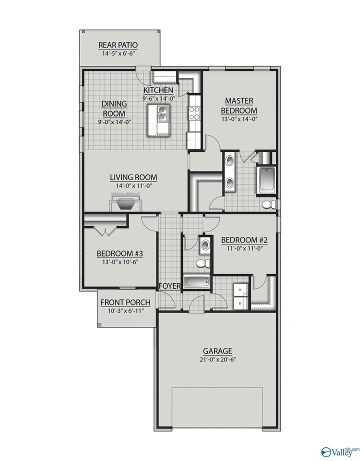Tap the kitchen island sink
coord(162,114)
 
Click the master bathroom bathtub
coord(266,180)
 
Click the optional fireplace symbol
coord(125,203)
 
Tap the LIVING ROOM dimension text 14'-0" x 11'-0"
coord(133,185)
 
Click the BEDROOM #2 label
coord(242,239)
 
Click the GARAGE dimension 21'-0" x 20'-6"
coord(217,360)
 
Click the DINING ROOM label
coord(114,108)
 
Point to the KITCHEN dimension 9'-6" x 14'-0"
coord(158,98)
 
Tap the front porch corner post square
coord(99,324)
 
